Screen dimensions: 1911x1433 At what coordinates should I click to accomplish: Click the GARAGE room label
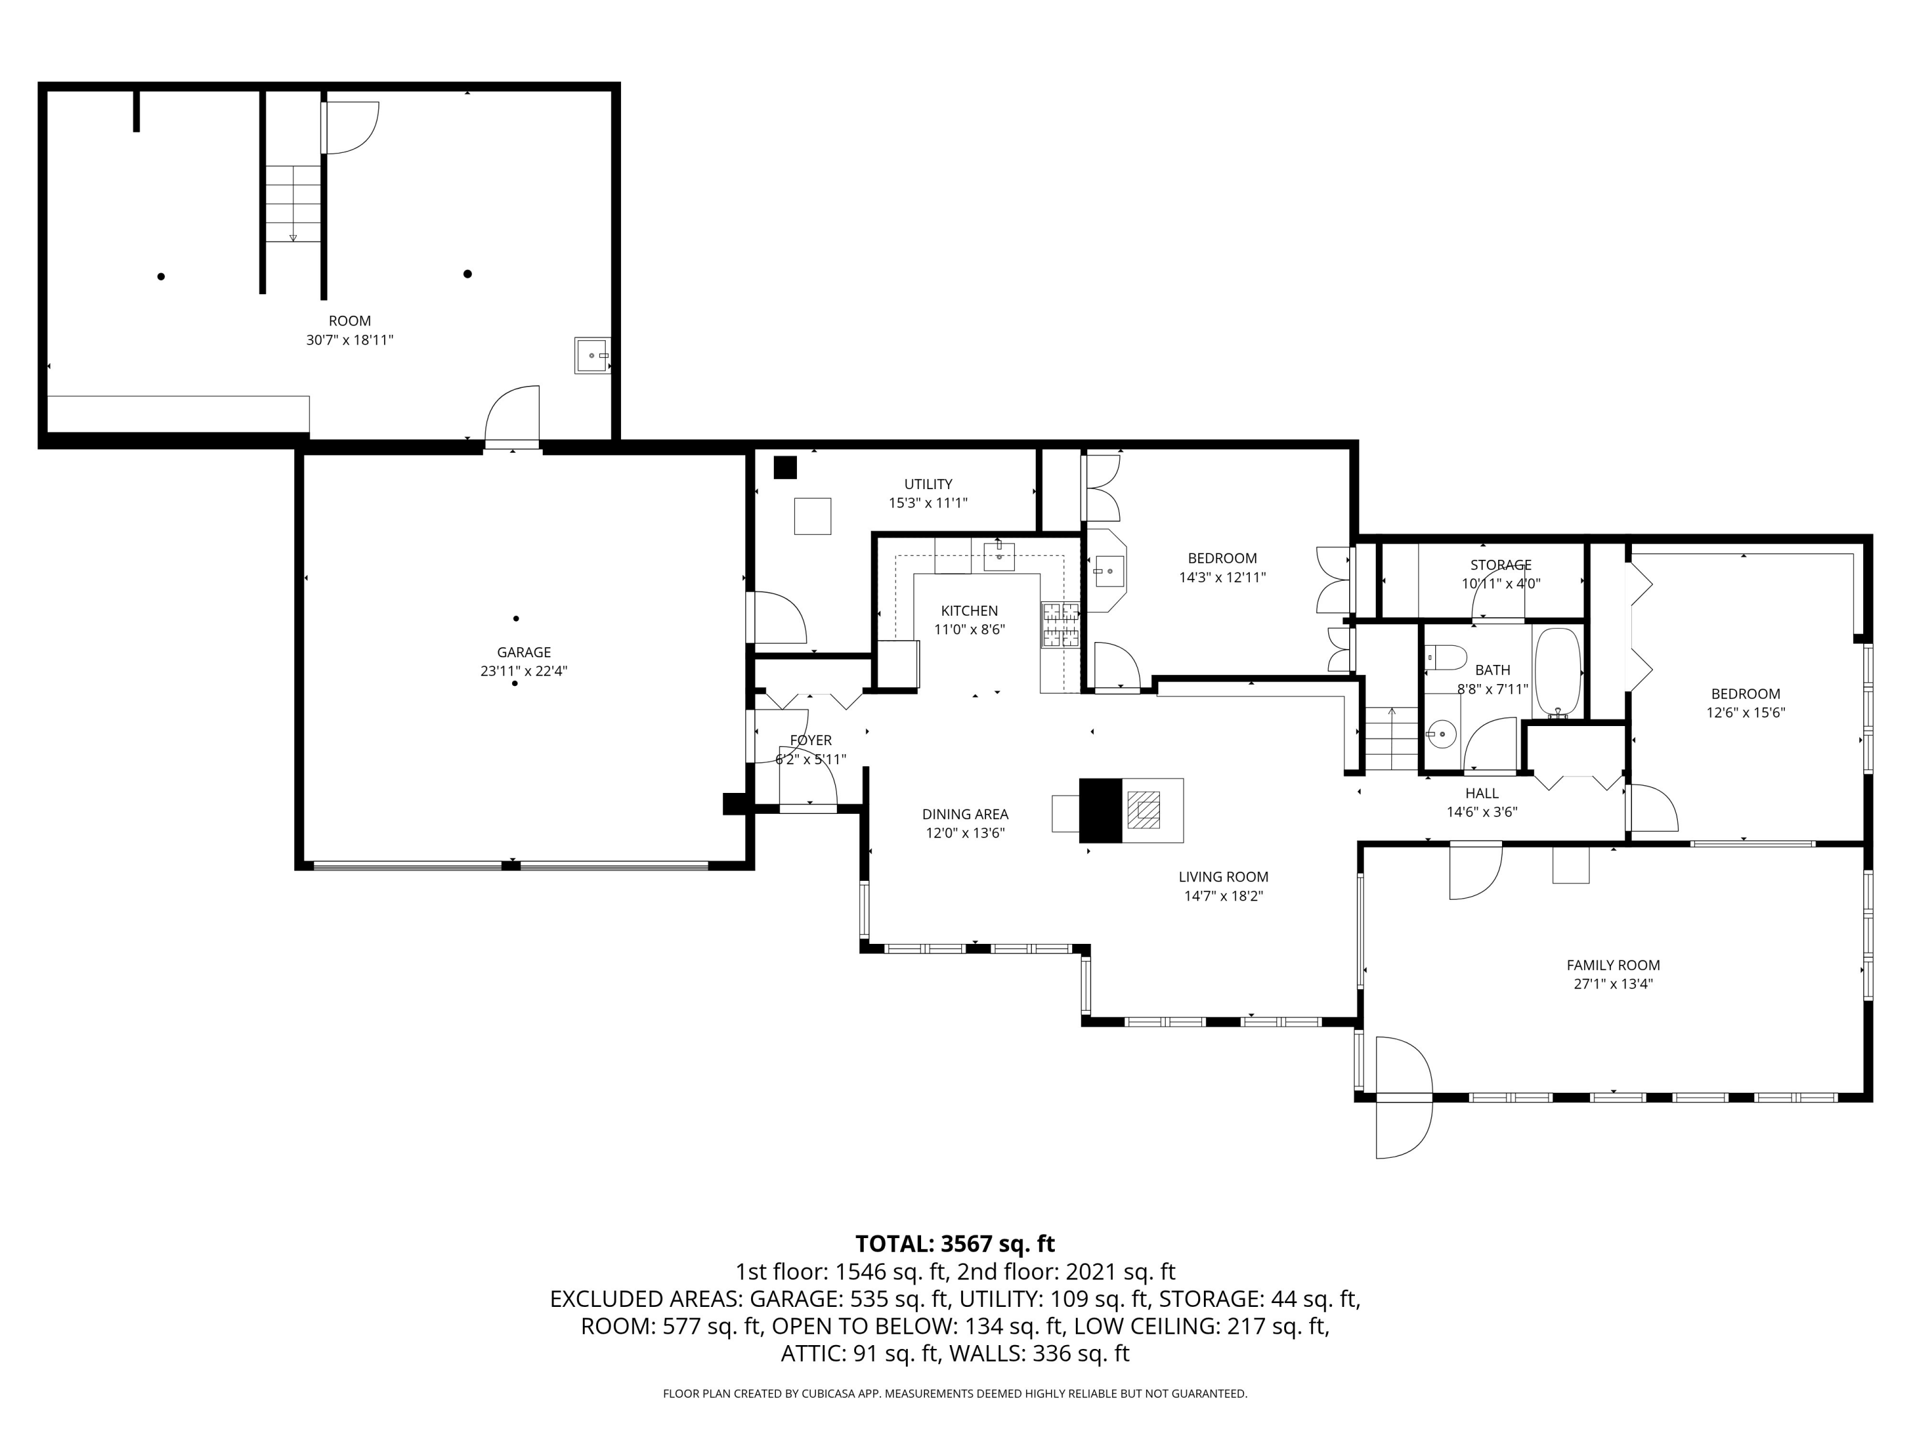(x=524, y=652)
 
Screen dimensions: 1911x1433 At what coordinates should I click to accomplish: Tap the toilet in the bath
(x=1445, y=657)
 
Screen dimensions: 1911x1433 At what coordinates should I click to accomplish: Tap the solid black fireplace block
(x=1101, y=810)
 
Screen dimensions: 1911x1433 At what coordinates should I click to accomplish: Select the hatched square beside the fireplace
(x=1145, y=810)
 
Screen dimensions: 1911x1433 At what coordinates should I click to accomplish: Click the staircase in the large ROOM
(x=294, y=204)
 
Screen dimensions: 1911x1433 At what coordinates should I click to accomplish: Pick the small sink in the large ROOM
(x=592, y=355)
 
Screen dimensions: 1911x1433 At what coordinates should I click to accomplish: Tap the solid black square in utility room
(x=784, y=467)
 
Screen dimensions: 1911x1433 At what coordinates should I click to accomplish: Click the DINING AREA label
(x=965, y=814)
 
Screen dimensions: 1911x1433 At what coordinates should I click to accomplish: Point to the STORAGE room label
(x=1501, y=565)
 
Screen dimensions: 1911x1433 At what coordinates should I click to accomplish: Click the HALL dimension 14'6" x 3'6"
(x=1482, y=812)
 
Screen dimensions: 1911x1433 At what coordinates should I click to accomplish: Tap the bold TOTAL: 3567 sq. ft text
(x=955, y=1244)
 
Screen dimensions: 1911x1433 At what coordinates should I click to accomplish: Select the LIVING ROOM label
(x=1223, y=877)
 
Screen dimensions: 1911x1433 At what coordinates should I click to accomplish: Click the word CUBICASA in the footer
(x=832, y=1394)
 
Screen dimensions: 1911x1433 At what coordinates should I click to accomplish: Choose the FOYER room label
(x=810, y=740)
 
